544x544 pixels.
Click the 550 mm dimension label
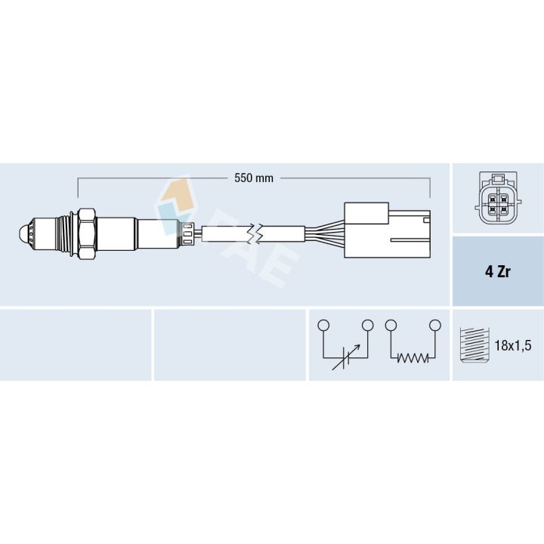(254, 178)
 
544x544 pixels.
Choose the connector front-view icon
(497, 199)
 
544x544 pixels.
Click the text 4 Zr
(497, 272)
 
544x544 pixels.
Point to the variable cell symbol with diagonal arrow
(346, 357)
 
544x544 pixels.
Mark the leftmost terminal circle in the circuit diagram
(323, 325)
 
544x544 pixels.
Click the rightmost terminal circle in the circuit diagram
(434, 325)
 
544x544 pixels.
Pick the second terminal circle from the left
(368, 325)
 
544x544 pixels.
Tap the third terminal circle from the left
(390, 325)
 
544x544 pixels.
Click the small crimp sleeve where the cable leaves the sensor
(188, 233)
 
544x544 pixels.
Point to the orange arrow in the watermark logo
(176, 189)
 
